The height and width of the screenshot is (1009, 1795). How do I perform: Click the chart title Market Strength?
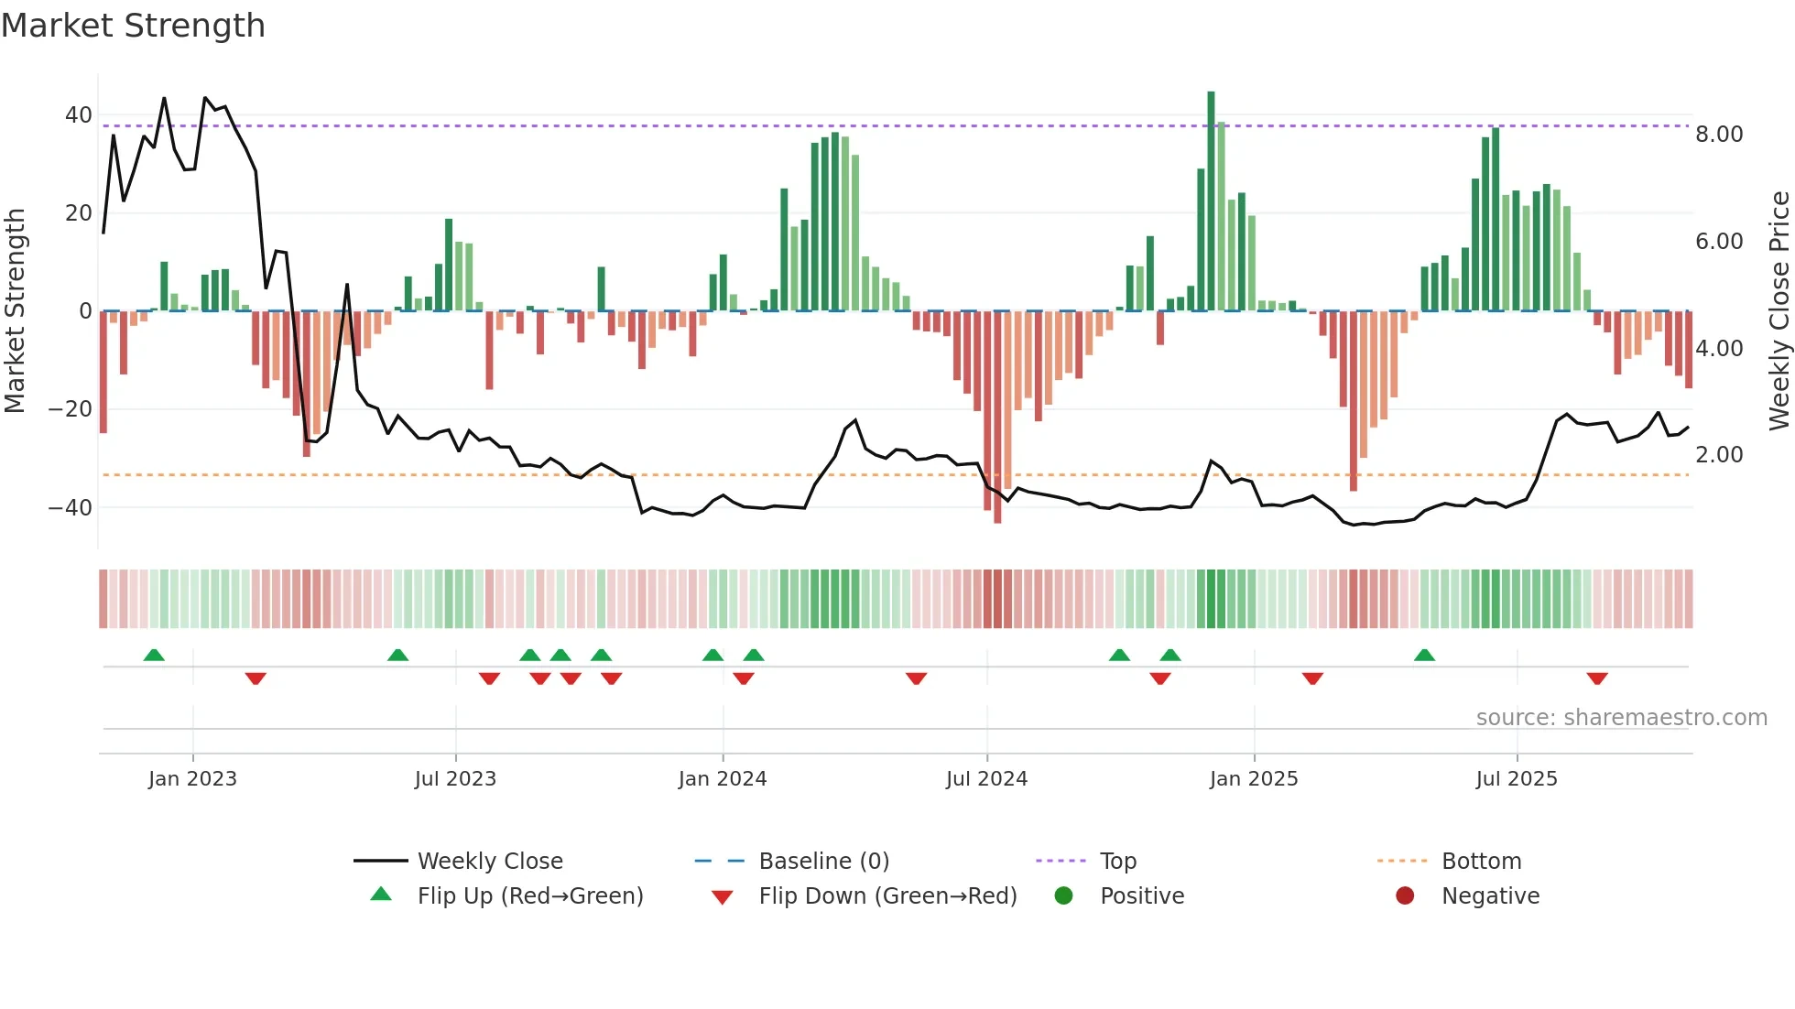(x=133, y=26)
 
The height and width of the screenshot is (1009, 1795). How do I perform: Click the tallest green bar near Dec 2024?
(x=1211, y=201)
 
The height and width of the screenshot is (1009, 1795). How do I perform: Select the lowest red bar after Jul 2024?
(x=997, y=417)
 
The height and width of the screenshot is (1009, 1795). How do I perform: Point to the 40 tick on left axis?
(x=79, y=115)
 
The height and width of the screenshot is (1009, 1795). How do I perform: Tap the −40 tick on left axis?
(x=71, y=507)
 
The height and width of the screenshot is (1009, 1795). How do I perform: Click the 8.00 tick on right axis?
(x=1719, y=135)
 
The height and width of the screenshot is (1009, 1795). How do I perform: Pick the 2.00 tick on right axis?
(x=1719, y=455)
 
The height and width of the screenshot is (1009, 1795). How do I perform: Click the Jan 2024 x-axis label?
(x=723, y=779)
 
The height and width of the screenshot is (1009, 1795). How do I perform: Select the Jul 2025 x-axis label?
(x=1517, y=779)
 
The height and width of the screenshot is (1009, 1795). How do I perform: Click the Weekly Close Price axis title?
(x=1779, y=310)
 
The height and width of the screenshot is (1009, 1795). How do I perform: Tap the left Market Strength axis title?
(x=15, y=310)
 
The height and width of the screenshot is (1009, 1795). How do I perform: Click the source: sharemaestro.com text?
(x=1621, y=718)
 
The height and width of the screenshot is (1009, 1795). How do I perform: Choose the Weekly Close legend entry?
(x=490, y=862)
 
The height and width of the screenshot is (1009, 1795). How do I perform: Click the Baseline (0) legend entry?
(x=823, y=862)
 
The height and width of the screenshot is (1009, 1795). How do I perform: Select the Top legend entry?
(x=1117, y=862)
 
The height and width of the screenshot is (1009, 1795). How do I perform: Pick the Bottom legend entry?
(x=1481, y=862)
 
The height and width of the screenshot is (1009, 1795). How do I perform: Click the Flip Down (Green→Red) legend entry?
(x=887, y=896)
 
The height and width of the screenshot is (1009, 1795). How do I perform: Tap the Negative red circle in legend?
(x=1405, y=896)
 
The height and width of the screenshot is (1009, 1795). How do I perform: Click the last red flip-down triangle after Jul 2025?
(x=1597, y=678)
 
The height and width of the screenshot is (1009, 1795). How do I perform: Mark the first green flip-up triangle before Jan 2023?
(x=154, y=655)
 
